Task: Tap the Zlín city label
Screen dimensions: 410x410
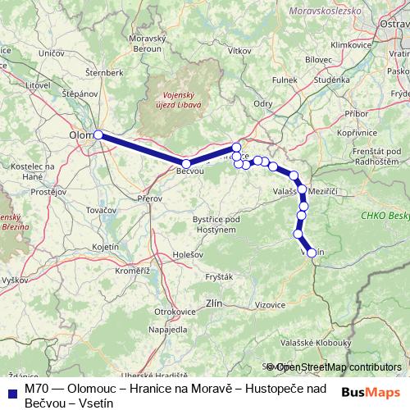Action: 215,303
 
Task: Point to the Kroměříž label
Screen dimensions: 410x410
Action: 131,270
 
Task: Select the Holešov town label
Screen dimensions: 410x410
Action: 188,254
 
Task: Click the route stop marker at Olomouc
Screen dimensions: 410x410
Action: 98,134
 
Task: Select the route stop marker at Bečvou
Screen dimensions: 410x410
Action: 187,164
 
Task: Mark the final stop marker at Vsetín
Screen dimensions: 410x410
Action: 311,253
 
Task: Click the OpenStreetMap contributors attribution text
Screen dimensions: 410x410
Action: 337,367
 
